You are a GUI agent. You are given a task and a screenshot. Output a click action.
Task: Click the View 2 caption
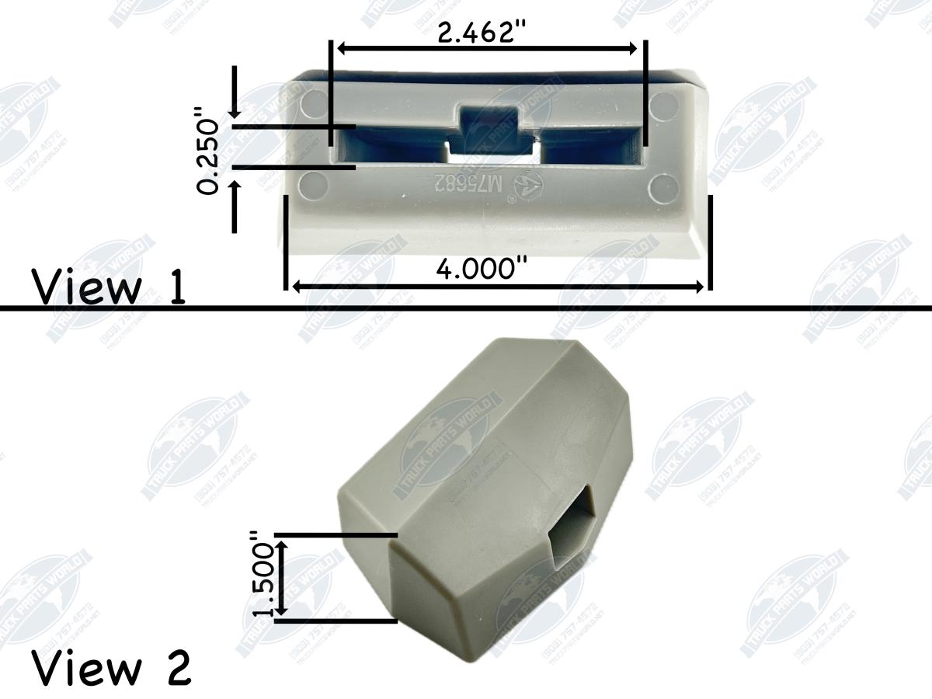pos(112,668)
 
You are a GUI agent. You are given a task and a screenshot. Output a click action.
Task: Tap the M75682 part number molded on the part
pos(459,185)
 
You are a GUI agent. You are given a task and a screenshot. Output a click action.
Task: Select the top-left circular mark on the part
pos(311,104)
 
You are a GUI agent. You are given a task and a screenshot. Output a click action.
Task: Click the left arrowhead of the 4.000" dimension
pos(293,287)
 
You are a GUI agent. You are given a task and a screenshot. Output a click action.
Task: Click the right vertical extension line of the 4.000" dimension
pos(710,241)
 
